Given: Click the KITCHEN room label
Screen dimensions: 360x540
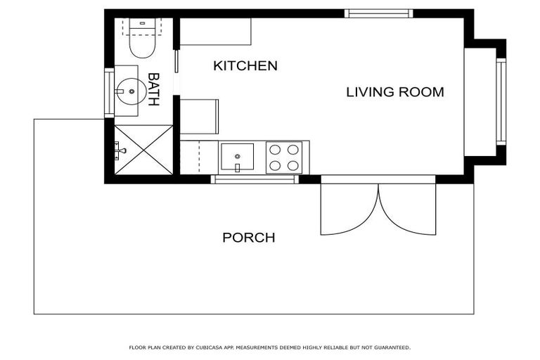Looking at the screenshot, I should (x=245, y=66).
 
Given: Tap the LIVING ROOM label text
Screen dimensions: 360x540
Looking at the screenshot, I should (x=394, y=92).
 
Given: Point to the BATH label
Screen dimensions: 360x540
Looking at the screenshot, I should (x=153, y=89).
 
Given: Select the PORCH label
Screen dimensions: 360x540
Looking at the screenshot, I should (x=248, y=238).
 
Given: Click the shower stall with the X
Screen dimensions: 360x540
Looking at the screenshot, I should (x=144, y=148).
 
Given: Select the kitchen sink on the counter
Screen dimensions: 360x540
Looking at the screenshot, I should (x=237, y=156).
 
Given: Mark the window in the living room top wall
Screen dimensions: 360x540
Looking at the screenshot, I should (x=378, y=13).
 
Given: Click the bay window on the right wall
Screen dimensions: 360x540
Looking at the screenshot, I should (x=501, y=101).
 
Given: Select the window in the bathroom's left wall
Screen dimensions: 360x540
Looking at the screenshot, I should (x=109, y=92).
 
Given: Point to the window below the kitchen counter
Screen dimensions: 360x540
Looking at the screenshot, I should (x=255, y=179).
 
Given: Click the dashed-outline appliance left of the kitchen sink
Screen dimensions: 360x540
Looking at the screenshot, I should (x=200, y=156).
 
